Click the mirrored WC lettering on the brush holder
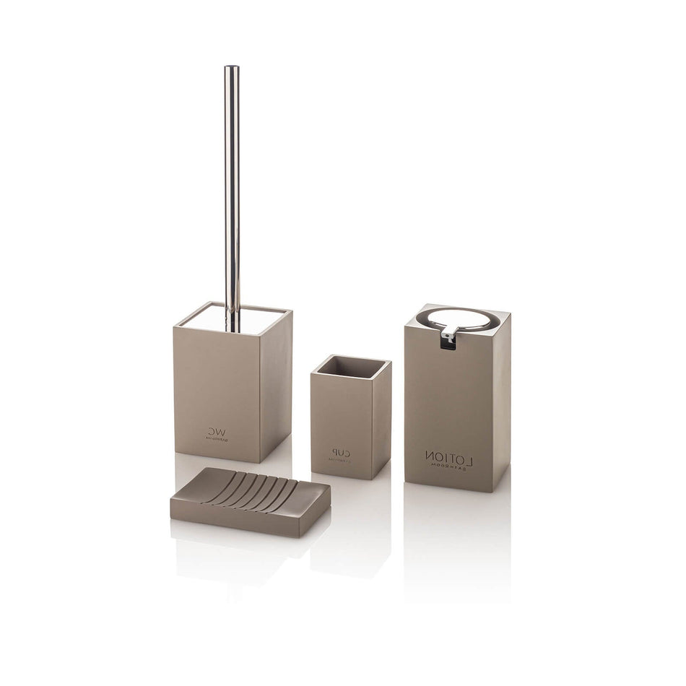(216, 427)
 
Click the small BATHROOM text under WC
(217, 436)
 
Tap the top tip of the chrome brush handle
(231, 68)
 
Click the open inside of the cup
(351, 367)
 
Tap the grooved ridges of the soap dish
(264, 490)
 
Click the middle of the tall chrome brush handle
(231, 195)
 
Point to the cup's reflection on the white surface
(349, 505)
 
